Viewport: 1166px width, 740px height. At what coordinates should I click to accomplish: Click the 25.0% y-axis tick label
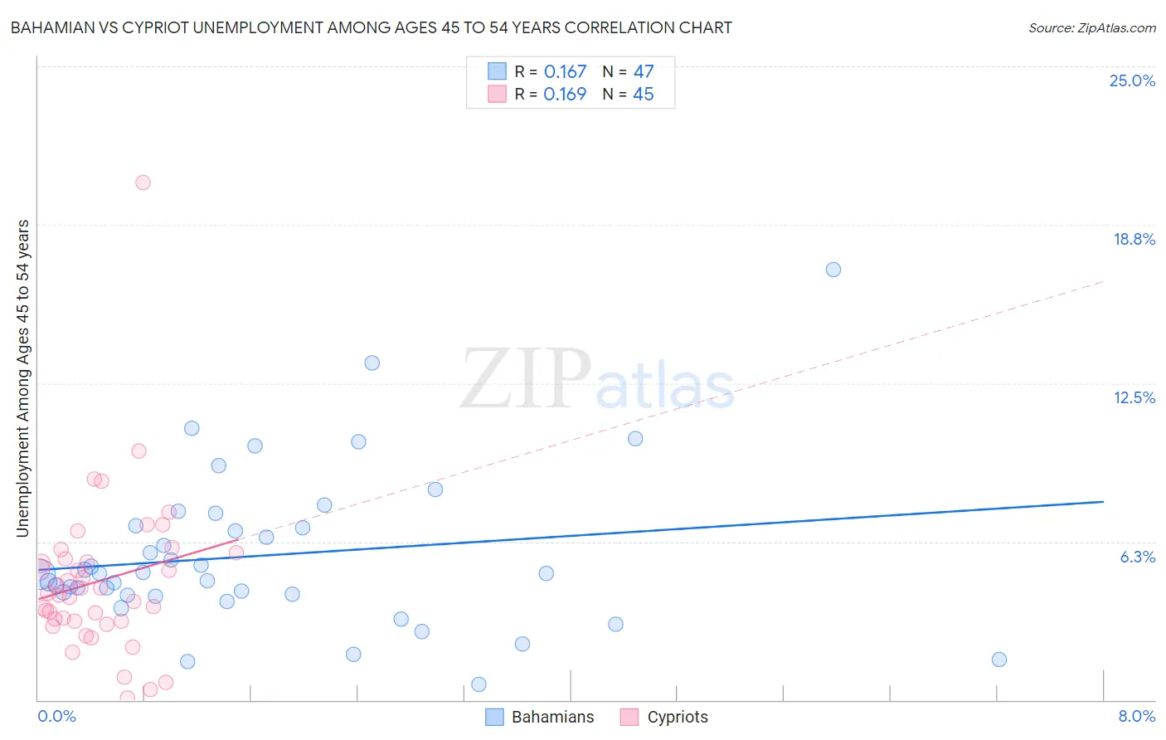point(1132,81)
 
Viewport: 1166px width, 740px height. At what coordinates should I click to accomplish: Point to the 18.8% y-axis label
point(1134,240)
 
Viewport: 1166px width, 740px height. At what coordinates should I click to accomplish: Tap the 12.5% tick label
point(1134,398)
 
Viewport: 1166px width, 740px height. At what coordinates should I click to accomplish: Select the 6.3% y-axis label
point(1137,557)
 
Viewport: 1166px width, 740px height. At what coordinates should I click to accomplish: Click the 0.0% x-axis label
point(56,717)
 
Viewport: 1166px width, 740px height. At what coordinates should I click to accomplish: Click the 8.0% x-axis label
point(1136,717)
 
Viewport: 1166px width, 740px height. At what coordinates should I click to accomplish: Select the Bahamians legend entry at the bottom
point(540,717)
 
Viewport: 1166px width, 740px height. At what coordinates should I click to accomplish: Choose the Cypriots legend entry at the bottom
point(664,717)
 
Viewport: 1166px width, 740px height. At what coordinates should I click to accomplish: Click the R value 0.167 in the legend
point(565,72)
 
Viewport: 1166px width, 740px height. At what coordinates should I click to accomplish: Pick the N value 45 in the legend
point(644,95)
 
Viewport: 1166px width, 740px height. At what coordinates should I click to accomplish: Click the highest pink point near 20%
point(143,183)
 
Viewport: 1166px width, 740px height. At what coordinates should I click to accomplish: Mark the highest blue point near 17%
point(833,270)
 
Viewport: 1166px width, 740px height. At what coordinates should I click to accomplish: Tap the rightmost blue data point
point(999,660)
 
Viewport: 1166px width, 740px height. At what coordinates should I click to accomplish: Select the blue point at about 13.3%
point(372,363)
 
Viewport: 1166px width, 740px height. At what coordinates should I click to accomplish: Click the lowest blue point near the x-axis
point(479,684)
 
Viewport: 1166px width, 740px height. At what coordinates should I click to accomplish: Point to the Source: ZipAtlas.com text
point(1091,28)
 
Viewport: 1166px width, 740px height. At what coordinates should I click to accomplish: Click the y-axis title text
point(22,378)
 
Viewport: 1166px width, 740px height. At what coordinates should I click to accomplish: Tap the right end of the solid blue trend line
point(1103,502)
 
